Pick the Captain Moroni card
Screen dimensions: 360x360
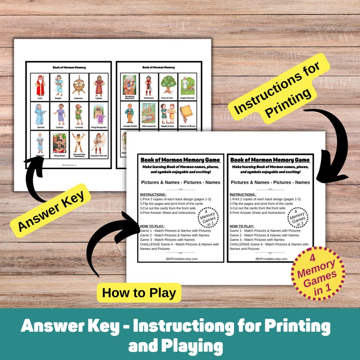(98, 144)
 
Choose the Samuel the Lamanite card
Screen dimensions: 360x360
(78, 144)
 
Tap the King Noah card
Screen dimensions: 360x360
(59, 144)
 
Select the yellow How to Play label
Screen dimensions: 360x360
(139, 292)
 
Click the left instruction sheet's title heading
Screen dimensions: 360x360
(180, 160)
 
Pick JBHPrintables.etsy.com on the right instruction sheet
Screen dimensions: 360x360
(271, 258)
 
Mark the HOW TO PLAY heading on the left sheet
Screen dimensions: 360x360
(152, 226)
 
